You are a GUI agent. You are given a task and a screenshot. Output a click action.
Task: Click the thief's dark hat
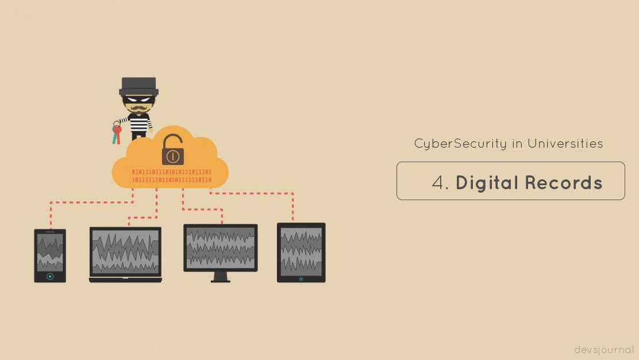pyautogui.click(x=138, y=87)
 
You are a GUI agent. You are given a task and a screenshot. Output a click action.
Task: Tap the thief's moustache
pyautogui.click(x=138, y=109)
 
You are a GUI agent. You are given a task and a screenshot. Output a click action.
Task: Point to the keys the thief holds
pyautogui.click(x=117, y=132)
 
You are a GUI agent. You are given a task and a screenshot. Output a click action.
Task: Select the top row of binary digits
pyautogui.click(x=172, y=172)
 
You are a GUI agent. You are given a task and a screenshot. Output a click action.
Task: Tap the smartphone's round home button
pyautogui.click(x=50, y=277)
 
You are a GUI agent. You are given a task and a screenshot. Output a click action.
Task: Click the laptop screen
pyautogui.click(x=125, y=251)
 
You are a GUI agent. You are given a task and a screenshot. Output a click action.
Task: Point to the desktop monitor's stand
pyautogui.click(x=221, y=277)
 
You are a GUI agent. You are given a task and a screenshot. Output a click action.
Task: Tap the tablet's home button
pyautogui.click(x=301, y=279)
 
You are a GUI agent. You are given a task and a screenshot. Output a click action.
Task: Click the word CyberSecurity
pyautogui.click(x=460, y=144)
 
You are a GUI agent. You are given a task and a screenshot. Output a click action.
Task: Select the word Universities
pyautogui.click(x=565, y=144)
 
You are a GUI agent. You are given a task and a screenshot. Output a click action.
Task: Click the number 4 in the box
pyautogui.click(x=438, y=182)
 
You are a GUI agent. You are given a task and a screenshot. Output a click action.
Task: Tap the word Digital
pyautogui.click(x=487, y=182)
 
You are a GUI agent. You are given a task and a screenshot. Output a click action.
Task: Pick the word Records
pyautogui.click(x=564, y=182)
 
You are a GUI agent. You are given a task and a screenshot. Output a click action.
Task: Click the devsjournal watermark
pyautogui.click(x=604, y=350)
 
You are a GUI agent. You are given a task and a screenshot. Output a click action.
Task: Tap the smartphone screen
pyautogui.click(x=50, y=252)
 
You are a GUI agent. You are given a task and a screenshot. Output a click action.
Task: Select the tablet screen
pyautogui.click(x=301, y=251)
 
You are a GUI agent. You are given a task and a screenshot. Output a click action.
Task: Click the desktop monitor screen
pyautogui.click(x=221, y=247)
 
